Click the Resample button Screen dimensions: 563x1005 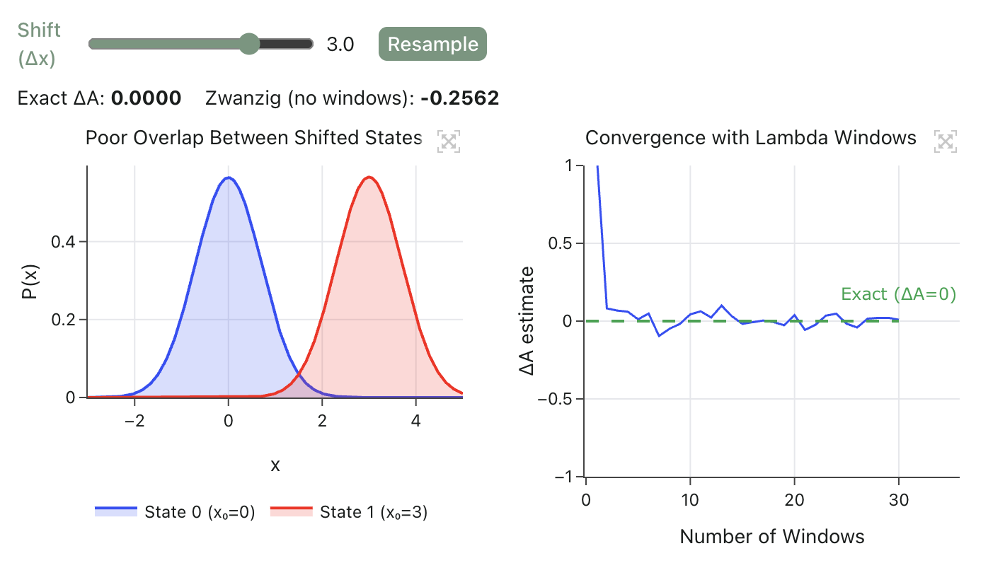[x=432, y=44]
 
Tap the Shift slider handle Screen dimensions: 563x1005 [x=249, y=44]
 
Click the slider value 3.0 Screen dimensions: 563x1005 [x=340, y=45]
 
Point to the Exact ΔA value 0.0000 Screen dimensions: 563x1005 [x=147, y=98]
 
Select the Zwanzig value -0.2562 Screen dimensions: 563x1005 [x=459, y=98]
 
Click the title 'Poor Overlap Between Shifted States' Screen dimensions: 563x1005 [x=253, y=137]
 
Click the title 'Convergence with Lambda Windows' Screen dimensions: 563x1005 [x=751, y=137]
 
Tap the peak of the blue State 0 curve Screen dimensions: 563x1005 [x=228, y=178]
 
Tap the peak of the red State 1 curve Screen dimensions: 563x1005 [x=369, y=178]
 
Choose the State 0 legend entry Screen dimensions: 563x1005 [x=175, y=511]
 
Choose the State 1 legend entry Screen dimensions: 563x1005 [x=350, y=511]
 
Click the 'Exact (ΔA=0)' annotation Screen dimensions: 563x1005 [x=898, y=294]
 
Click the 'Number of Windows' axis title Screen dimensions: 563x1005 [x=772, y=537]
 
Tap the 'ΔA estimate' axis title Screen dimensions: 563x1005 [x=527, y=320]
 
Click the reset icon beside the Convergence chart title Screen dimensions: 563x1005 [x=946, y=141]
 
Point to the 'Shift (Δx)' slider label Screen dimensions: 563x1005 [x=40, y=44]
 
